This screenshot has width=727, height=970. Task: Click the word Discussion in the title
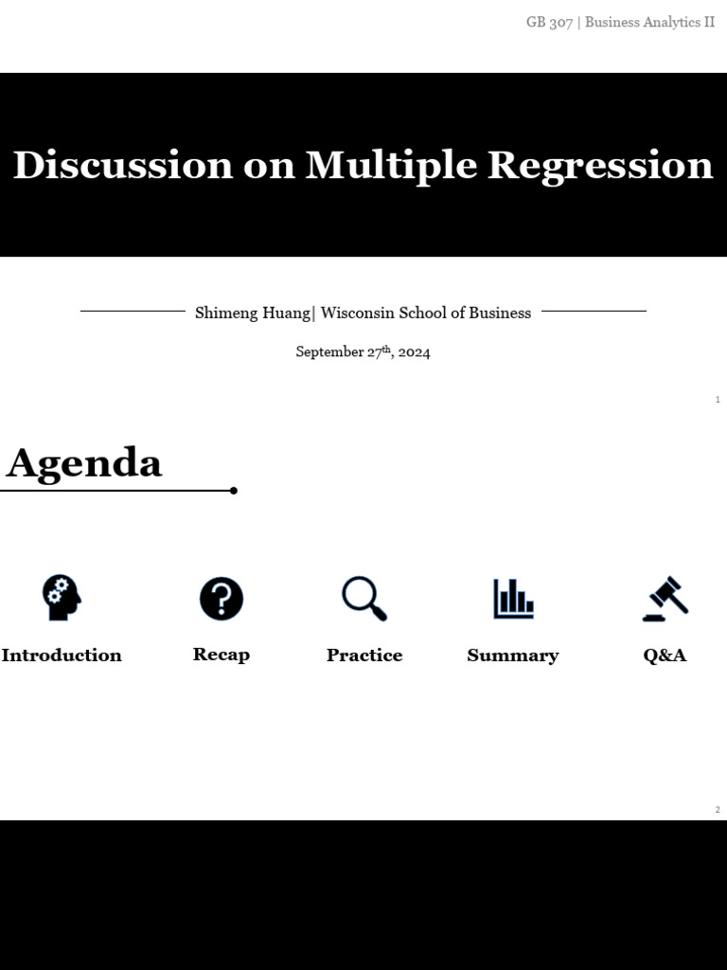click(x=122, y=166)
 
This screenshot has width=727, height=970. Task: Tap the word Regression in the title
click(x=600, y=166)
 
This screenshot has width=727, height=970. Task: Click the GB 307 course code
click(x=549, y=22)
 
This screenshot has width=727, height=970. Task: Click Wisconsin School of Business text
click(x=426, y=313)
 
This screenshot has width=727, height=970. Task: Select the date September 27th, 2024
click(x=363, y=351)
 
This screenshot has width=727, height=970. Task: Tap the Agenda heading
click(x=84, y=463)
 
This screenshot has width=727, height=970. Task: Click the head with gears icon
click(x=62, y=599)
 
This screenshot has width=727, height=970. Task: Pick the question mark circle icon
click(x=222, y=599)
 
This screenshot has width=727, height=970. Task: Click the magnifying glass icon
click(x=363, y=599)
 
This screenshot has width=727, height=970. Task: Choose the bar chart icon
click(x=513, y=599)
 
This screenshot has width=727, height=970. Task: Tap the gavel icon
click(x=665, y=599)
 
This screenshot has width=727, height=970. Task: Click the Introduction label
click(x=62, y=656)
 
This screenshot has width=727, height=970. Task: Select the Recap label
click(x=222, y=655)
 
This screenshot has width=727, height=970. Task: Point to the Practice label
click(x=364, y=656)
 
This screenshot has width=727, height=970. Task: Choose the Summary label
click(x=513, y=656)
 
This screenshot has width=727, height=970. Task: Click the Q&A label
click(x=665, y=656)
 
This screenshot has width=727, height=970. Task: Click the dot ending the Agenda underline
click(x=234, y=491)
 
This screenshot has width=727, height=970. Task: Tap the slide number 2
click(x=718, y=810)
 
